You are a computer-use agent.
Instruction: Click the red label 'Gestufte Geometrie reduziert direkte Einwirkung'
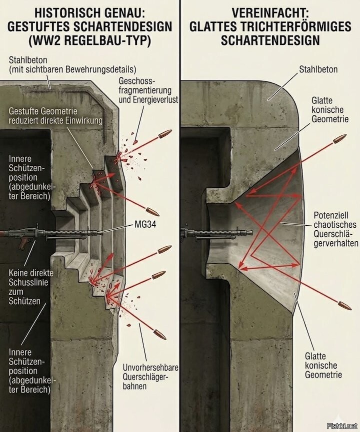point(55,115)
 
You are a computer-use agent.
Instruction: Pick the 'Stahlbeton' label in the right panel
point(318,69)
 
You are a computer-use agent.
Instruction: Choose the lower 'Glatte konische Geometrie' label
point(323,365)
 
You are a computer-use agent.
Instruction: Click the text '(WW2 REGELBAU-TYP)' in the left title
point(90,40)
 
